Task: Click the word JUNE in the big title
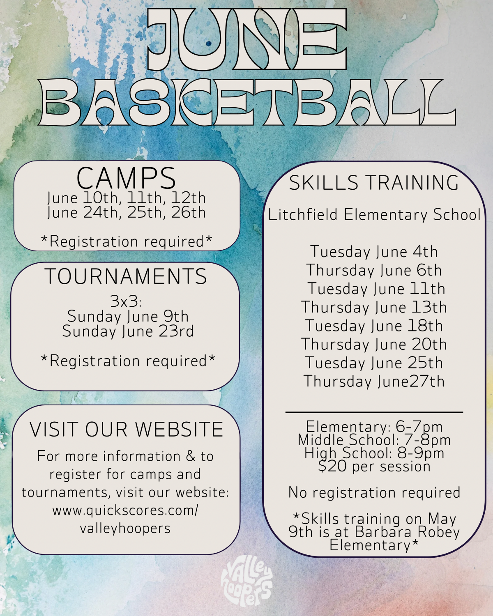[247, 39]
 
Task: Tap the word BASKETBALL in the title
[247, 103]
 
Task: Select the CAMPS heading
[126, 178]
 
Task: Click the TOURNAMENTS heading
[126, 276]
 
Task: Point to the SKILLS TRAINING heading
[374, 183]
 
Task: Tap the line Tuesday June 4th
[374, 252]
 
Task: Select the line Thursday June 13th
[374, 308]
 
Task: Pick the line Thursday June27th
[374, 382]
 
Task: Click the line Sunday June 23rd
[128, 331]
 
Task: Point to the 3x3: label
[126, 302]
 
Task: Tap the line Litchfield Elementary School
[374, 215]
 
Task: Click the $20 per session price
[374, 466]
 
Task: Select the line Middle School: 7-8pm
[374, 440]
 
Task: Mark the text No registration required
[374, 493]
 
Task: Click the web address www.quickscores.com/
[125, 510]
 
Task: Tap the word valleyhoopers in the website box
[125, 529]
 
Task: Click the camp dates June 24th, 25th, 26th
[126, 213]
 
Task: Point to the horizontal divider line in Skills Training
[374, 412]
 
